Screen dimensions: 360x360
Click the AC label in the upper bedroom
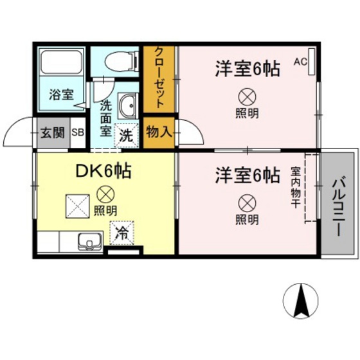click(x=300, y=62)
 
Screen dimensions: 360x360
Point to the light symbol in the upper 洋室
click(x=247, y=97)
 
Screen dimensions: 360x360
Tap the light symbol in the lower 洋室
click(x=247, y=203)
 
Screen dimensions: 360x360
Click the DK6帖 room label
click(x=105, y=171)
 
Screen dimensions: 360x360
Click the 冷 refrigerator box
click(x=121, y=234)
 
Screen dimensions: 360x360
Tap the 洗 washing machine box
click(x=127, y=136)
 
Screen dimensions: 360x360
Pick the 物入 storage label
click(x=159, y=133)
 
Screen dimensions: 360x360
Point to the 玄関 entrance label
click(x=53, y=134)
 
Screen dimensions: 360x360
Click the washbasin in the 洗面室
click(x=127, y=106)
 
